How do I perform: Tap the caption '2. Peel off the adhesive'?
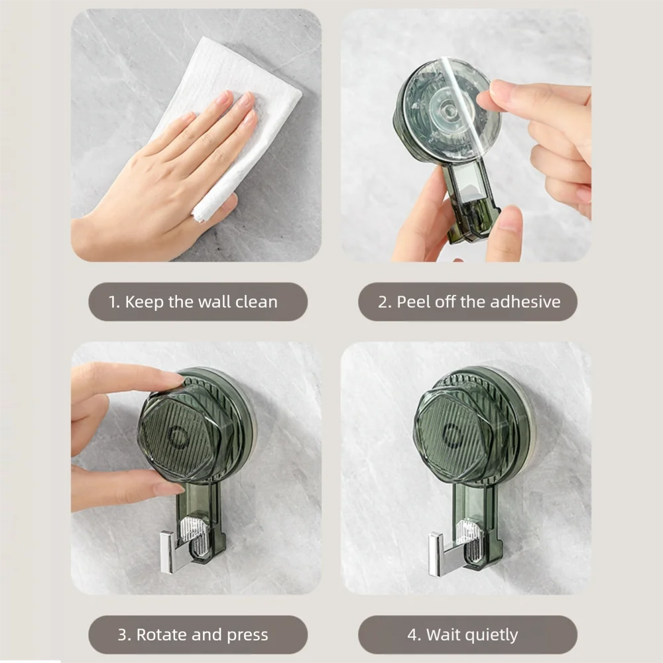pyautogui.click(x=468, y=302)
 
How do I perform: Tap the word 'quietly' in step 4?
pyautogui.click(x=491, y=634)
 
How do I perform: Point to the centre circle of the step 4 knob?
pyautogui.click(x=453, y=435)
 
